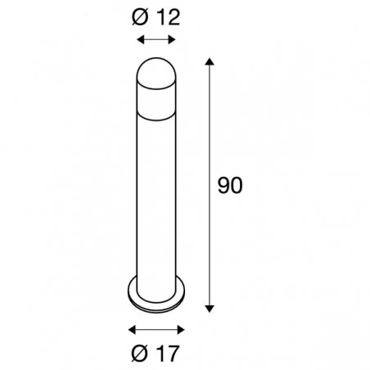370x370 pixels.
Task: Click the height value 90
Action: [x=231, y=185]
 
